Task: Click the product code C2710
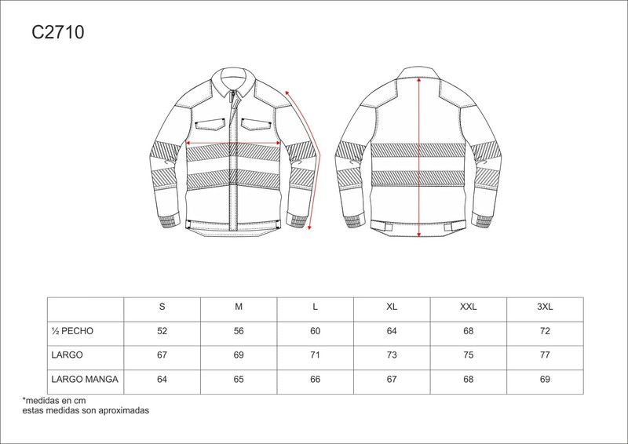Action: tap(58, 32)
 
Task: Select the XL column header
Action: tap(392, 307)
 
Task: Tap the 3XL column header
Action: tap(545, 307)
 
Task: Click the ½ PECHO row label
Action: tap(72, 331)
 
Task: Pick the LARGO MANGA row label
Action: tap(85, 379)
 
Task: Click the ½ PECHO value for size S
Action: tap(162, 331)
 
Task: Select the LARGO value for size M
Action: tap(239, 355)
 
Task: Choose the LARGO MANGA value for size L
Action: tap(316, 379)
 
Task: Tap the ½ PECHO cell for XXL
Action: tap(468, 331)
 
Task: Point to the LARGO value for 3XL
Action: tap(545, 355)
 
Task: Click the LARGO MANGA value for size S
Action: tap(162, 379)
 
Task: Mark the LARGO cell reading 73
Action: tap(392, 355)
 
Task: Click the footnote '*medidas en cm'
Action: tap(54, 400)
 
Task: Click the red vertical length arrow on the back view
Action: tap(419, 157)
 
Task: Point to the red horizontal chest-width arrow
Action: tap(233, 143)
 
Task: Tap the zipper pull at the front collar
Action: tap(232, 95)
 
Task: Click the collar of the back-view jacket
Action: tap(419, 72)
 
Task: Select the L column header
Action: tap(316, 307)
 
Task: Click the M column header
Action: tap(239, 307)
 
